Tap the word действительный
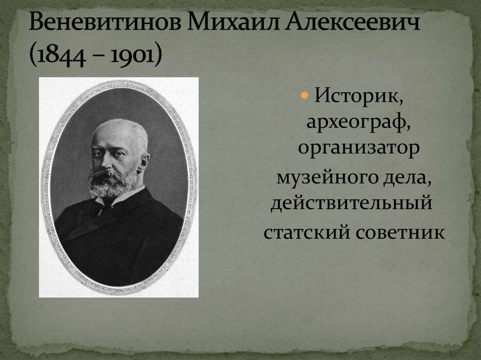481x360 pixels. pos(351,204)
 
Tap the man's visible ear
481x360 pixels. pos(143,162)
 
